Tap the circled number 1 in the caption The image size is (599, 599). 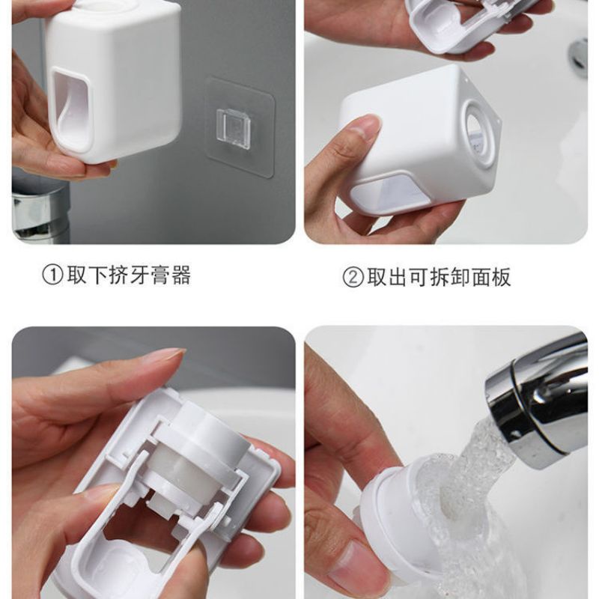click(52, 275)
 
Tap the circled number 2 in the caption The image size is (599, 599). click(353, 277)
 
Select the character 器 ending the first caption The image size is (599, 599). click(180, 275)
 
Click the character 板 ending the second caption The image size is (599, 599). click(501, 277)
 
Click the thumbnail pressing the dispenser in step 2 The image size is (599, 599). click(368, 126)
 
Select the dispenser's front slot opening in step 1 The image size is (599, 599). click(73, 108)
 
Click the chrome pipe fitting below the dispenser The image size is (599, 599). click(40, 214)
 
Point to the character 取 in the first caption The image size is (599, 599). click(78, 275)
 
